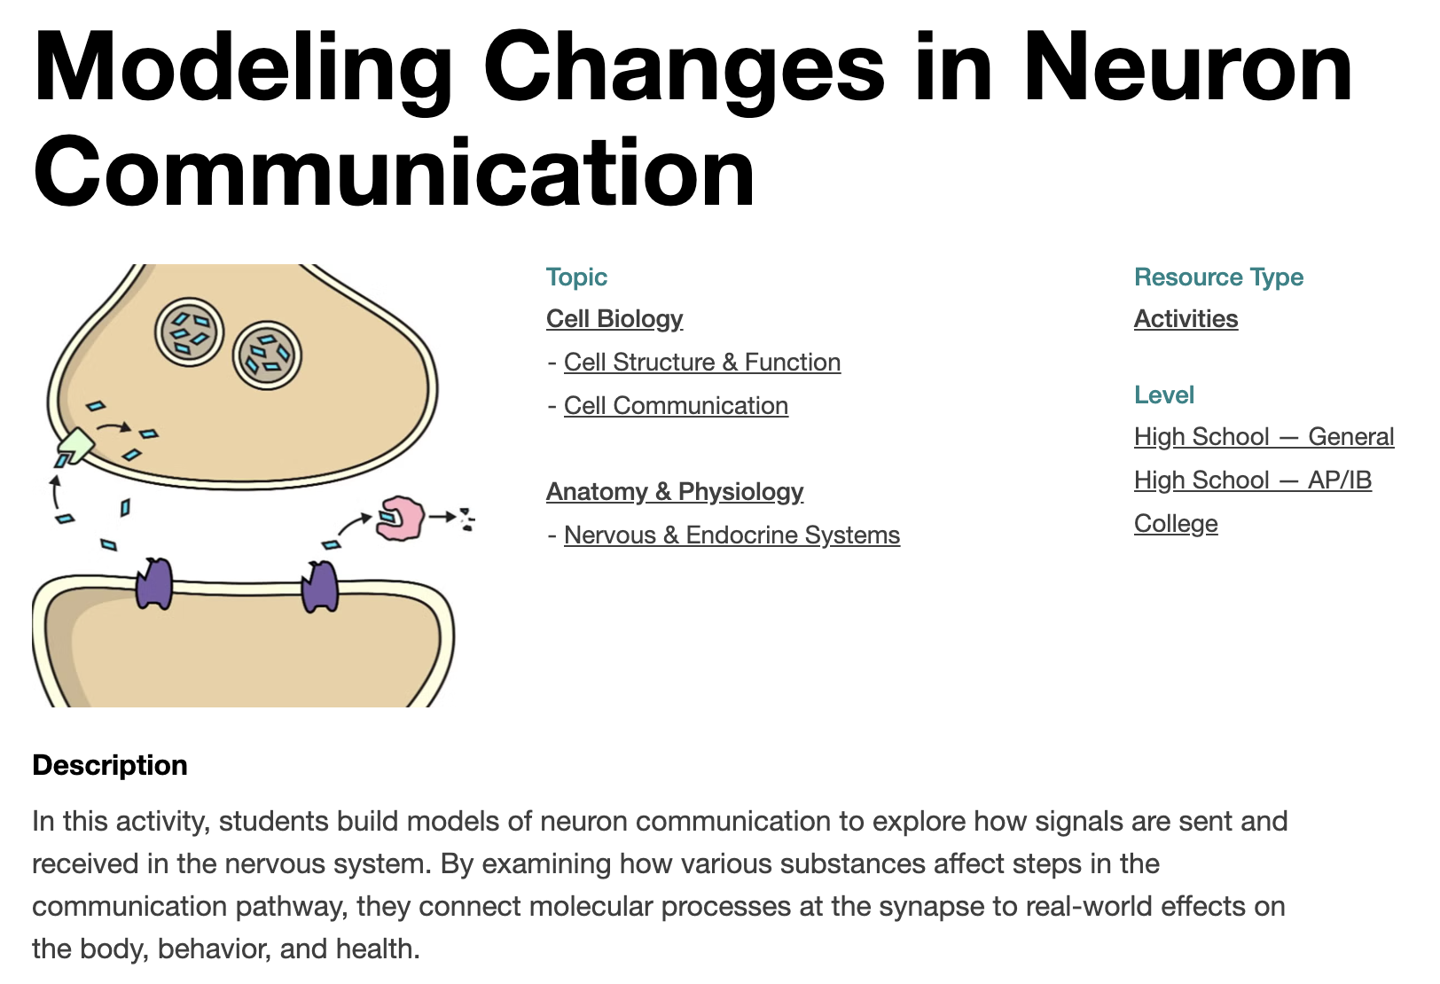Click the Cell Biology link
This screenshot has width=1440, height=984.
click(x=614, y=319)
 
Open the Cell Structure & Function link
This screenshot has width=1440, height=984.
click(x=702, y=363)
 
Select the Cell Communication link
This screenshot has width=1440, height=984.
click(x=676, y=405)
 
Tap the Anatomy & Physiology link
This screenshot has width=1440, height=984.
click(x=675, y=492)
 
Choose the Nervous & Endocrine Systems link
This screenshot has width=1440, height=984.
click(x=732, y=535)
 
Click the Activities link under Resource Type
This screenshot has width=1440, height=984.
click(x=1186, y=319)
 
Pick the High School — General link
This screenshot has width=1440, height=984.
click(x=1264, y=436)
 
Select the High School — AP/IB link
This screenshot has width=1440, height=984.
click(x=1252, y=480)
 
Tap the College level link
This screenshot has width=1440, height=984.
click(x=1176, y=524)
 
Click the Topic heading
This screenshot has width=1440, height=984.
click(x=576, y=277)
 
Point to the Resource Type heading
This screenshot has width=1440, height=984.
click(x=1218, y=277)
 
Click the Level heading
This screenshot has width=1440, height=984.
click(x=1163, y=394)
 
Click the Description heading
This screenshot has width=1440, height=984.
click(x=109, y=765)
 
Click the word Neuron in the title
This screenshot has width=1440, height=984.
click(x=1189, y=67)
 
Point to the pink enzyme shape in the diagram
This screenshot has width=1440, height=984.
click(x=400, y=518)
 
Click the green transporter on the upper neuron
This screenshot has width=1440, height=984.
click(x=76, y=445)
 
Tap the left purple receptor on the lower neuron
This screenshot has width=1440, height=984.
click(x=154, y=583)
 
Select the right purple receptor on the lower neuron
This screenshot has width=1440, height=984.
click(x=319, y=585)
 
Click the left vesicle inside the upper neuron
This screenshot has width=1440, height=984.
click(x=189, y=332)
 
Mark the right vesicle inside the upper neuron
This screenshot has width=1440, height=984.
click(x=267, y=355)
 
